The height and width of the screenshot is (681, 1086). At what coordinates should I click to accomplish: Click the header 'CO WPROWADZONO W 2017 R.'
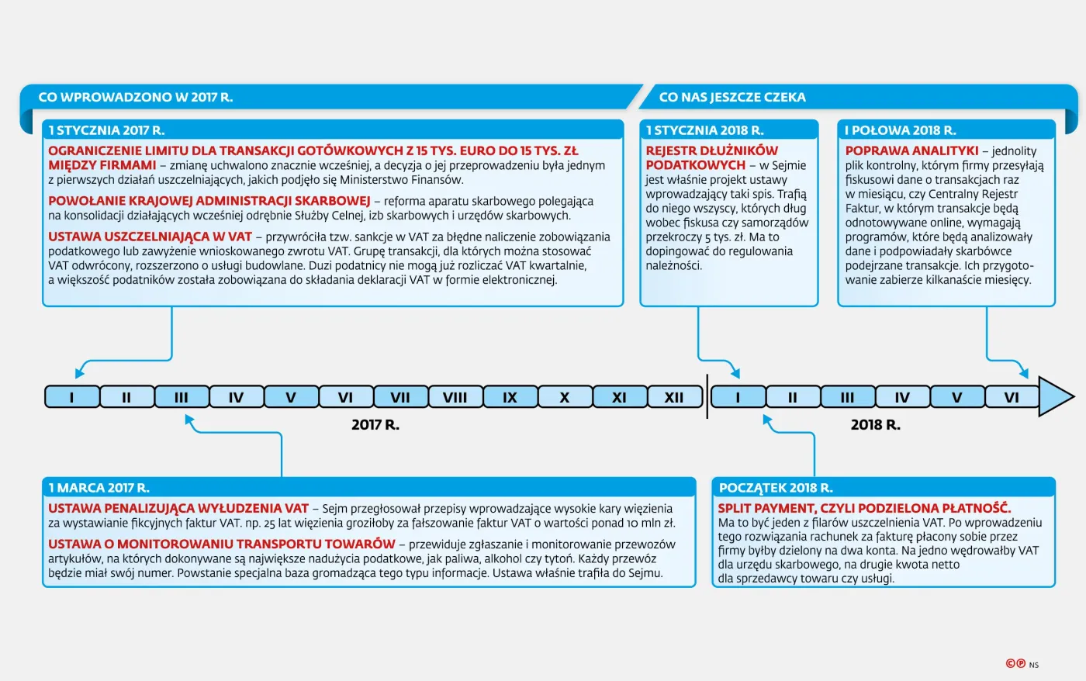coord(136,97)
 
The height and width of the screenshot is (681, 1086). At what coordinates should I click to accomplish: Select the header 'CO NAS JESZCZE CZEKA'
coord(732,97)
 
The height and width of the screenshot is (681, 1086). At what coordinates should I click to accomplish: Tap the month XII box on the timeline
coord(674,397)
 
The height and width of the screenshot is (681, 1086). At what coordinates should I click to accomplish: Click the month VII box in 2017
coord(400,397)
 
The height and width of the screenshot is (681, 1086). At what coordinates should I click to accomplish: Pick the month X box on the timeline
coord(565,397)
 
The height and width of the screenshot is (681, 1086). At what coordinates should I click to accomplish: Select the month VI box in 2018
coord(1012,397)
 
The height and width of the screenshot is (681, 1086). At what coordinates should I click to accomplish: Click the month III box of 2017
coord(182,397)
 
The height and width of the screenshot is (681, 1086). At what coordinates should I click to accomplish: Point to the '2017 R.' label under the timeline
coord(375,425)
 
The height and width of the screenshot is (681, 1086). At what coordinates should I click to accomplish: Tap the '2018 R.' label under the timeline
coord(876,425)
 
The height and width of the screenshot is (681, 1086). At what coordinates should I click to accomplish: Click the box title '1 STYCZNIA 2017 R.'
coord(107,130)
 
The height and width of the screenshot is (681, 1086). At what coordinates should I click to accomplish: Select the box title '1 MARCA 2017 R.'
coord(99,488)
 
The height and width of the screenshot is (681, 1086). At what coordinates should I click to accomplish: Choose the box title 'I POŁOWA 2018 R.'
coord(901,130)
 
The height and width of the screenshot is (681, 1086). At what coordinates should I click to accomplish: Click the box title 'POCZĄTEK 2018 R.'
coord(776,488)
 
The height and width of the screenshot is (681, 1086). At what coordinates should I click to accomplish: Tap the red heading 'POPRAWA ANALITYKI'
coord(911,151)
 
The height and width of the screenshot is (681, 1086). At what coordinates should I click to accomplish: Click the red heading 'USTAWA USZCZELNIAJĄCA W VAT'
coord(150,237)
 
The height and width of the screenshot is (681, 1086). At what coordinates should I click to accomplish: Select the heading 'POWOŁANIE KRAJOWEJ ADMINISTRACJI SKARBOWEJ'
coord(209,201)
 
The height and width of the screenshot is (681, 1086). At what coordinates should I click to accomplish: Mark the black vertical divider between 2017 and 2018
coord(707,397)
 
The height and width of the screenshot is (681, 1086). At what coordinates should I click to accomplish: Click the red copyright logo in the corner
coord(1016,664)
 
